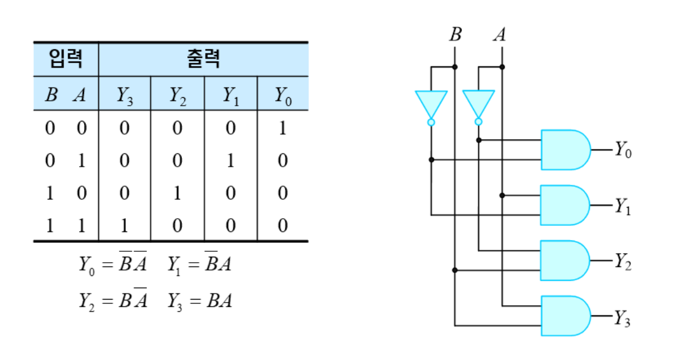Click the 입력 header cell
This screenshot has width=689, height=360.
coord(65,59)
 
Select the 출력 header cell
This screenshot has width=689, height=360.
coord(203,59)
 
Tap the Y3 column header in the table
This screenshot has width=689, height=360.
coord(125,94)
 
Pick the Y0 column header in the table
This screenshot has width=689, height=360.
coord(283,94)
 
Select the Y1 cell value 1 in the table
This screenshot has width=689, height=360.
coord(230,161)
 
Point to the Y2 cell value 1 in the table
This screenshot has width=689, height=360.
coord(177,193)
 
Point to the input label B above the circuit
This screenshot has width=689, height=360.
coord(455,35)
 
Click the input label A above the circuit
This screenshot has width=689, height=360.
coord(500,35)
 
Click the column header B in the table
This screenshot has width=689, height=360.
coord(51,94)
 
